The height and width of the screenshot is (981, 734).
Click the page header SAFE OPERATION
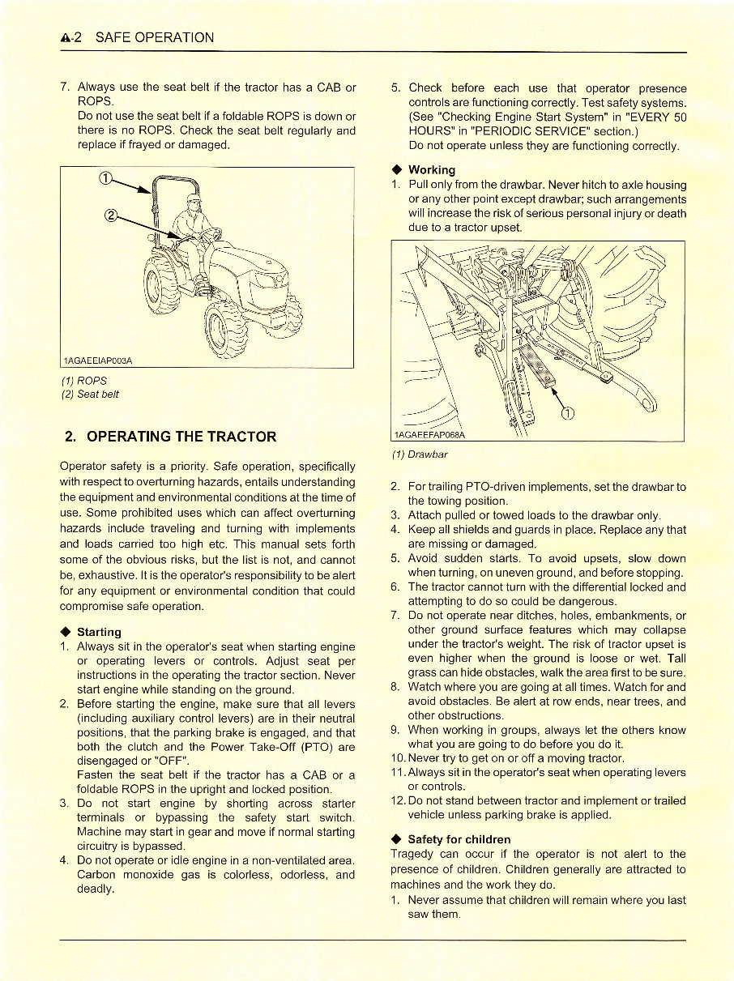[155, 37]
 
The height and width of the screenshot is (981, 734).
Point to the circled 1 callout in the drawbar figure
[567, 414]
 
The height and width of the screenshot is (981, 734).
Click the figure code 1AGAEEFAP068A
[430, 436]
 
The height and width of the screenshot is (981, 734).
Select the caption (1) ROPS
[83, 380]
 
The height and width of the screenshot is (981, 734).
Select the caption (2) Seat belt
[91, 394]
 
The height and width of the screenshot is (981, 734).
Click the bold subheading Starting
[99, 632]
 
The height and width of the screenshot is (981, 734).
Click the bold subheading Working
[432, 169]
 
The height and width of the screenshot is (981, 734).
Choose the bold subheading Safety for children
[459, 839]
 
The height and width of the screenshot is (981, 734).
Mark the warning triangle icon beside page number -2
[66, 37]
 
